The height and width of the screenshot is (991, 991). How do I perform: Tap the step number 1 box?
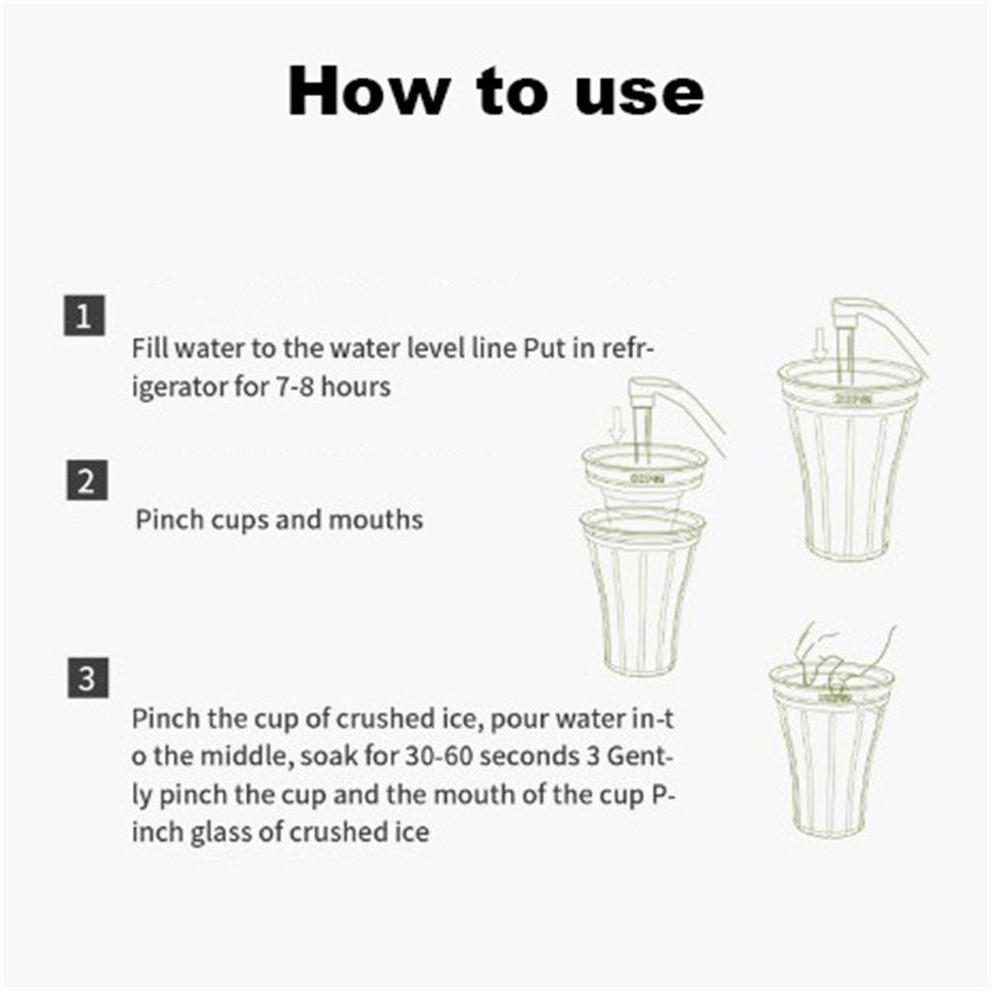pos(84,315)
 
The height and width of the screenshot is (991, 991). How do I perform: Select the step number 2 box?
pos(87,481)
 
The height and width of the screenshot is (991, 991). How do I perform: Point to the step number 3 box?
pos(88,678)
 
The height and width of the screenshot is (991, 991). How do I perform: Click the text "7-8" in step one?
pos(294,386)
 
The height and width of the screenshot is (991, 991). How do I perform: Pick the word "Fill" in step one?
pos(151,348)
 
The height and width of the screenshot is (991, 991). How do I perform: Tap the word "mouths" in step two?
pos(376,520)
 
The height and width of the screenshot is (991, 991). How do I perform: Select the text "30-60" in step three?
pos(439,756)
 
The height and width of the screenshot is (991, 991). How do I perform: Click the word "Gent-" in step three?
pos(640,756)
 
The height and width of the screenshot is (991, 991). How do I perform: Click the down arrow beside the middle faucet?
pos(617,424)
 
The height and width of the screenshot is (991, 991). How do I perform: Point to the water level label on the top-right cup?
pos(854,398)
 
